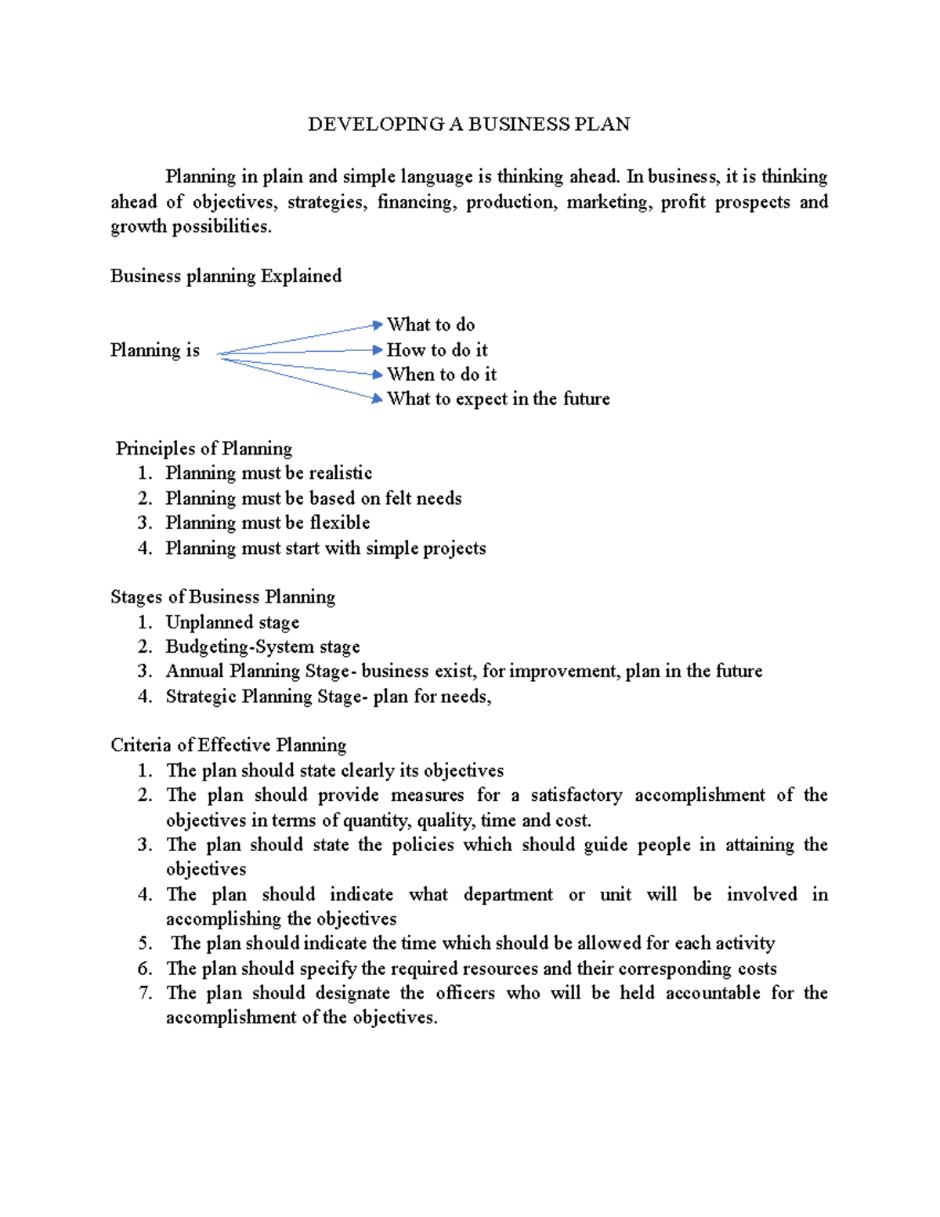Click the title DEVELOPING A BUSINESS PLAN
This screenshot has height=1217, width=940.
click(x=468, y=125)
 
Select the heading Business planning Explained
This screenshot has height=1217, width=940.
click(x=226, y=276)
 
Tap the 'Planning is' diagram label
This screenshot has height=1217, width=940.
click(x=155, y=350)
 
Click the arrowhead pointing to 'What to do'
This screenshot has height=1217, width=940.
click(x=378, y=324)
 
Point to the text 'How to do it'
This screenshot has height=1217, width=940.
click(x=437, y=350)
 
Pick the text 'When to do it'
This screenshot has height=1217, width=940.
click(x=442, y=375)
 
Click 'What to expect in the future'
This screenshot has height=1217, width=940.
click(x=498, y=399)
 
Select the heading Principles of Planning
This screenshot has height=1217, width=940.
click(x=204, y=448)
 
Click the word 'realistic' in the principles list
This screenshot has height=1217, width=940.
click(x=340, y=473)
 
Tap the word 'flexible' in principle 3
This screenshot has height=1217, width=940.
click(x=340, y=523)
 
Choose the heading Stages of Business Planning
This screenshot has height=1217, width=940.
click(x=222, y=597)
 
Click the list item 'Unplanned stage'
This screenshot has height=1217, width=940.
click(x=233, y=622)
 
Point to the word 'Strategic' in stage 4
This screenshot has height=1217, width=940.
click(x=201, y=697)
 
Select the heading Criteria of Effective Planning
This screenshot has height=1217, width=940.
click(x=229, y=745)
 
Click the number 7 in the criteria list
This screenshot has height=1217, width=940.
click(x=145, y=993)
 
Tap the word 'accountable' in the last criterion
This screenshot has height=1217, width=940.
click(x=713, y=993)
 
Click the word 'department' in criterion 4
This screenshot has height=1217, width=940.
click(x=508, y=894)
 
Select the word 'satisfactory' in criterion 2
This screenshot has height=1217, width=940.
click(x=577, y=795)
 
